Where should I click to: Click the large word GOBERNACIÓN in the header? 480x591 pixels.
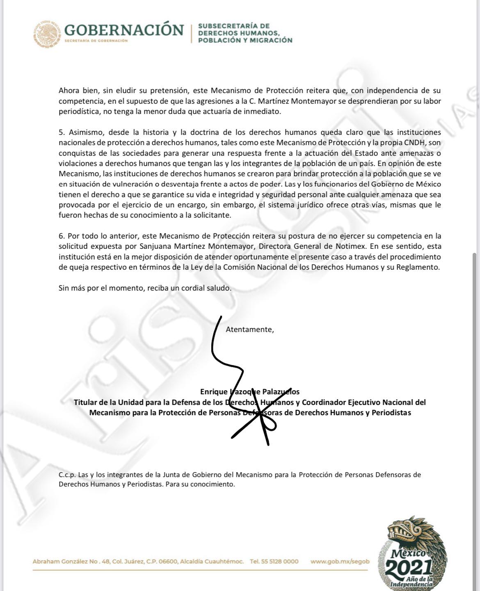[x=124, y=30]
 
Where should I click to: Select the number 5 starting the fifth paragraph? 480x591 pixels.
[x=61, y=132]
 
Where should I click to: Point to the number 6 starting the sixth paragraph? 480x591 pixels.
[x=61, y=236]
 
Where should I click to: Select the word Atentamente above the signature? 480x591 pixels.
[x=249, y=330]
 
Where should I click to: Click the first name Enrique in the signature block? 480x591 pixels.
[x=214, y=392]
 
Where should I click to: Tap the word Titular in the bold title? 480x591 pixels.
[x=87, y=402]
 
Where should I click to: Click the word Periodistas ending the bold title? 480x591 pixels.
[x=391, y=413]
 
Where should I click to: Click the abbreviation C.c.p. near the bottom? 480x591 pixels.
[x=67, y=475]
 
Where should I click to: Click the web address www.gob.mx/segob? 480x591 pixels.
[x=340, y=561]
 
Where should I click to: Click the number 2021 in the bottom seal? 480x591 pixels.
[x=409, y=568]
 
